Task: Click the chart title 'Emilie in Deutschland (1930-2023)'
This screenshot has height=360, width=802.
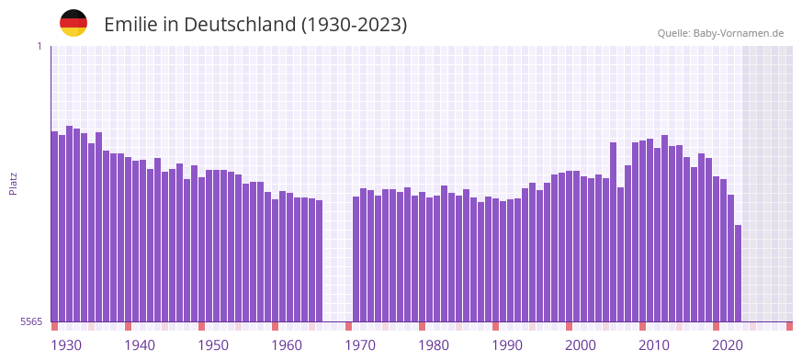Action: coord(255,25)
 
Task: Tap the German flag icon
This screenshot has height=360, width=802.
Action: coord(73,23)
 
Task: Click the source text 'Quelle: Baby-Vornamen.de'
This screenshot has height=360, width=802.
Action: coord(720,33)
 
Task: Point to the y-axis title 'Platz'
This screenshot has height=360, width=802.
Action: coord(13,184)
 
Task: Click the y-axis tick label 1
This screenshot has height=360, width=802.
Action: coord(40,46)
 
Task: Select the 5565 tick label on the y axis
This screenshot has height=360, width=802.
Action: coord(31,321)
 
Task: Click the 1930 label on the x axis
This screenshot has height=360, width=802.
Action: coord(66,345)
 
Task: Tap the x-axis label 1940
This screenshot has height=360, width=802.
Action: coord(140,345)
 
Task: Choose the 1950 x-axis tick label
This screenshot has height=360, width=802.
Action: coord(213,345)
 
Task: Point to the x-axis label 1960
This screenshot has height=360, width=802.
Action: coord(287,345)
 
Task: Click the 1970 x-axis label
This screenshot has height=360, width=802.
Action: coord(360,345)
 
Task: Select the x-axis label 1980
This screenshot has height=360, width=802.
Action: coord(434,345)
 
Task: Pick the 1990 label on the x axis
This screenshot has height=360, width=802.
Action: coord(507,345)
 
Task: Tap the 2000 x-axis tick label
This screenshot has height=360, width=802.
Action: coord(581,345)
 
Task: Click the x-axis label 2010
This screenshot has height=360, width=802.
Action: coord(654,345)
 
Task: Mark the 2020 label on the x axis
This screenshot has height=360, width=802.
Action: coord(728,345)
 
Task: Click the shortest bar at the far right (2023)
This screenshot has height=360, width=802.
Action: coord(738,273)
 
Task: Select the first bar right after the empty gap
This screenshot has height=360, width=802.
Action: coord(356,259)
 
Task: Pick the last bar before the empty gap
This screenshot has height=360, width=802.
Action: coord(319,261)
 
